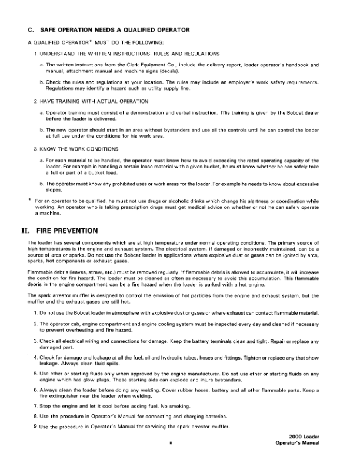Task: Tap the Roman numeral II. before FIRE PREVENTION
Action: (25, 231)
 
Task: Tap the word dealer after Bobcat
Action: (312, 111)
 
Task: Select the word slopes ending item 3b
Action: (48, 190)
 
